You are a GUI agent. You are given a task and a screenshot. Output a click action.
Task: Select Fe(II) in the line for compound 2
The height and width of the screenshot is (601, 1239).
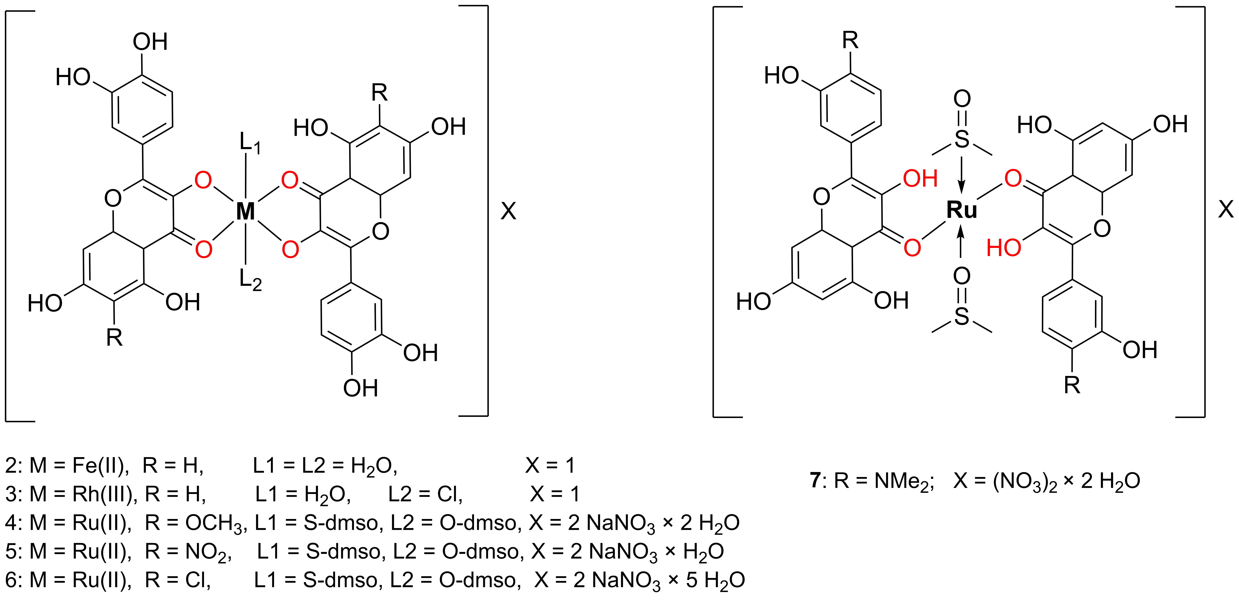pos(100,465)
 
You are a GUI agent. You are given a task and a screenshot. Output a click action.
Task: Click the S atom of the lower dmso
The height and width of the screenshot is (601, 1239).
pos(962,316)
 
